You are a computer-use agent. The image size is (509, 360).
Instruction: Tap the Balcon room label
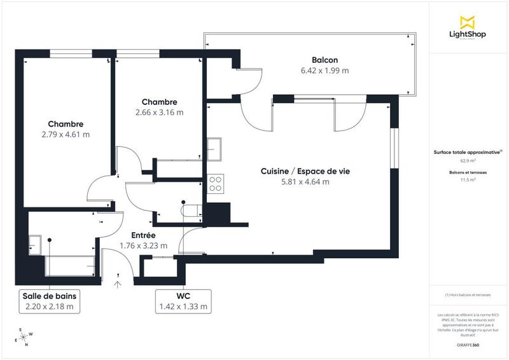[324, 60]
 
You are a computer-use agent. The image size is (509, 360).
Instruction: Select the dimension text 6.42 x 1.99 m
[324, 71]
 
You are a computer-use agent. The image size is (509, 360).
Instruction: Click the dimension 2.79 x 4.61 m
[66, 134]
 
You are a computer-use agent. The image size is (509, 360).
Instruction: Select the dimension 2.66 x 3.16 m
[159, 113]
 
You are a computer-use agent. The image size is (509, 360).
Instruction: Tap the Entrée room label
[144, 235]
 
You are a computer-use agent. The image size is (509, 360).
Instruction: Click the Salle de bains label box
[48, 301]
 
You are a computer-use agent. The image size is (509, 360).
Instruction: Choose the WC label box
[183, 301]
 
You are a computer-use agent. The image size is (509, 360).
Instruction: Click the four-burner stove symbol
[216, 183]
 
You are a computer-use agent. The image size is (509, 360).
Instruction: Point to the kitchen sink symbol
[214, 149]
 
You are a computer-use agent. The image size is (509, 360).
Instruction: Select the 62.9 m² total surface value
[468, 161]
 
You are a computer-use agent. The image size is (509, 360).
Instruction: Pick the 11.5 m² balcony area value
[468, 180]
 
